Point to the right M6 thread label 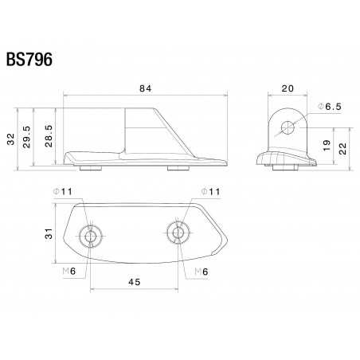click(202, 272)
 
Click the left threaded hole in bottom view click(90, 235)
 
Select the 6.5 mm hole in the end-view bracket click(287, 125)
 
